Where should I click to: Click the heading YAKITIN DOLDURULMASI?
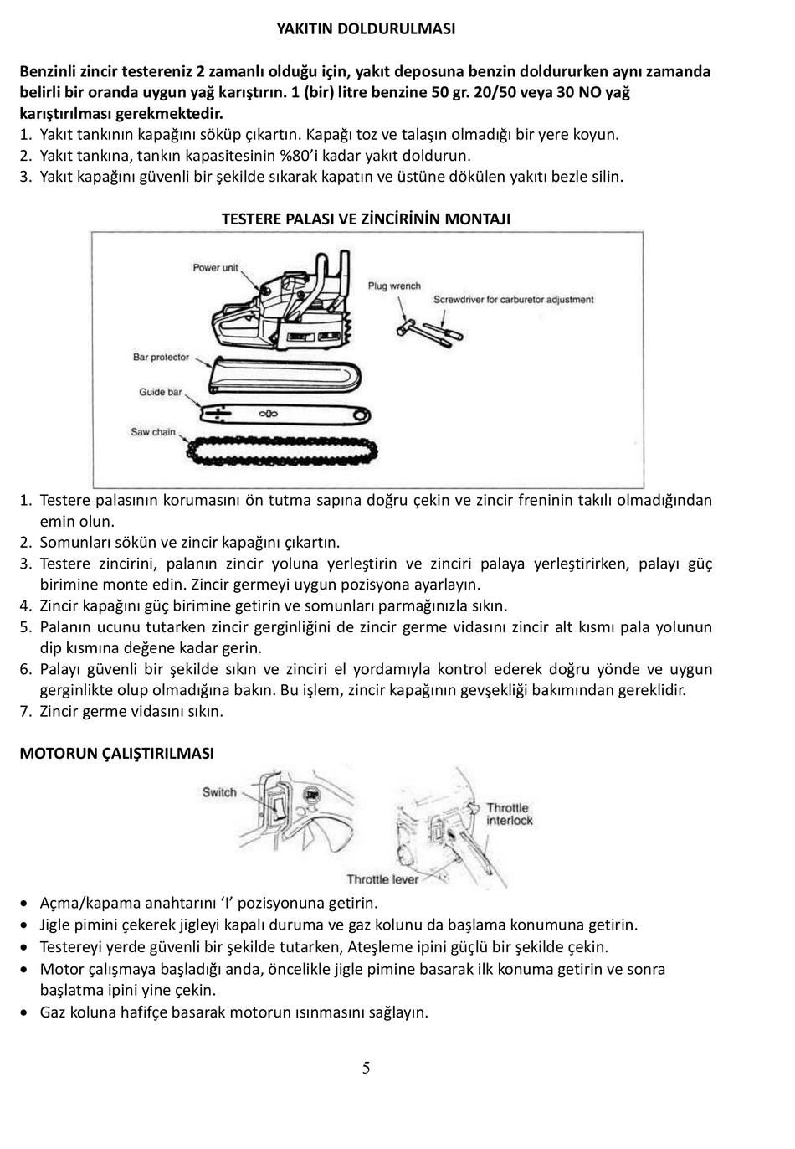(366, 28)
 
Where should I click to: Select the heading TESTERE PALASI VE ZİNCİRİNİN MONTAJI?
(366, 219)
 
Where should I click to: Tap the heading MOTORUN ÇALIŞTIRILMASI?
(117, 754)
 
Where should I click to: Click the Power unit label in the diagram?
(215, 268)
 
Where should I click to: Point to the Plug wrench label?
(394, 286)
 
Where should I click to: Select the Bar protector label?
(161, 358)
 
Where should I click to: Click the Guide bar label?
(161, 393)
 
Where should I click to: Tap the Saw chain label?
(153, 432)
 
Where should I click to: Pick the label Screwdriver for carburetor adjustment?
(514, 300)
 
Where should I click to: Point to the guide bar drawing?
(285, 414)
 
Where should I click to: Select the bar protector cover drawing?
(285, 376)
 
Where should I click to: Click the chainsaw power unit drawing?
(282, 302)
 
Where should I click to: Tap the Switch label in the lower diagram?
(219, 792)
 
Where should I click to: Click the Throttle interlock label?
(510, 814)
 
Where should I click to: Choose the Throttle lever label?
(382, 879)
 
